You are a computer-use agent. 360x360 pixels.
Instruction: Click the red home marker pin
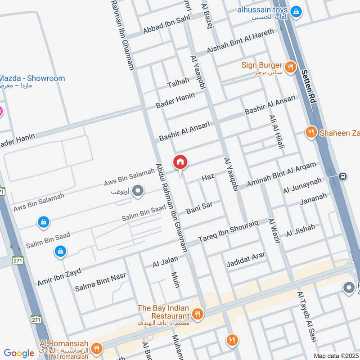click(x=180, y=162)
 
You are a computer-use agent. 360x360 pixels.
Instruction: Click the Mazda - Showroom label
click(x=32, y=78)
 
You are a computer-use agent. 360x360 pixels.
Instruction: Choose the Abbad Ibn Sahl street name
click(x=166, y=24)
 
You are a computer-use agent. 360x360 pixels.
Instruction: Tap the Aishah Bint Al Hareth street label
click(x=240, y=42)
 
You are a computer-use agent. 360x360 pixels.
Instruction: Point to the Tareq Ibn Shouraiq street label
click(x=228, y=230)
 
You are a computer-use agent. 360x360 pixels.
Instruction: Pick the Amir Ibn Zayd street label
click(x=59, y=275)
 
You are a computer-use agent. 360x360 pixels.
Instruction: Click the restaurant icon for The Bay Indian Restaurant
click(x=197, y=314)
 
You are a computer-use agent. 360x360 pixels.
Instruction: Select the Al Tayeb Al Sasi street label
click(x=307, y=317)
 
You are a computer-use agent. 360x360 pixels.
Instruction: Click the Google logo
click(x=19, y=353)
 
